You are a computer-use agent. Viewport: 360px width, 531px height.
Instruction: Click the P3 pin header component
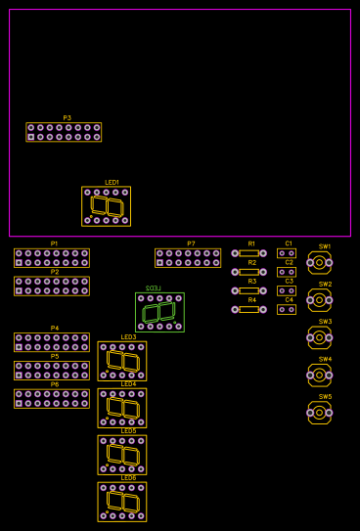click(64, 132)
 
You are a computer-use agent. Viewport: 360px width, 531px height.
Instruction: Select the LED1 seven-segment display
click(107, 206)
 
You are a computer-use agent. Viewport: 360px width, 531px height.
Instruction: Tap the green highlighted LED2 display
click(159, 312)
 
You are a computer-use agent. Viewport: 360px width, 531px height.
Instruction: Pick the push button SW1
click(319, 262)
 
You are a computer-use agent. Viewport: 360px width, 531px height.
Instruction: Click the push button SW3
click(319, 337)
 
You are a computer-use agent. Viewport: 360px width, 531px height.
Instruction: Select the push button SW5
click(319, 413)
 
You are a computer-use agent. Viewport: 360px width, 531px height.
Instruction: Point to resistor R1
click(248, 253)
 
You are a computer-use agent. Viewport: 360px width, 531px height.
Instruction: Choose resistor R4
click(248, 309)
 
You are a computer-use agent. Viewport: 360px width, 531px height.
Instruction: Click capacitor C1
click(287, 253)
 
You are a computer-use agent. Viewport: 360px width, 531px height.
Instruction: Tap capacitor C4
click(287, 309)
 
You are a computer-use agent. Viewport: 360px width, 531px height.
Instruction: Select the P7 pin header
click(188, 257)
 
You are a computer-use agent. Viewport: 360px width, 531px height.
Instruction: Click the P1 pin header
click(52, 257)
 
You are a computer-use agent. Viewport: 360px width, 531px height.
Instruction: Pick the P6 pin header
click(52, 398)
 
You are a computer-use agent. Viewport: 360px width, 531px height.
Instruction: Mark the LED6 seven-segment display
click(122, 502)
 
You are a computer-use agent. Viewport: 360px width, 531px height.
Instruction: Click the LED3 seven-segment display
click(122, 361)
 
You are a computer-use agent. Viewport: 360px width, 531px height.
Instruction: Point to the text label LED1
click(112, 183)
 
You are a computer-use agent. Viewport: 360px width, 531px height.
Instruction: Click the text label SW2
click(325, 285)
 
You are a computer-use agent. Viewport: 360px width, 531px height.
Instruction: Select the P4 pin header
click(52, 342)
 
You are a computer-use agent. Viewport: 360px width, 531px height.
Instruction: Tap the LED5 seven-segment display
click(122, 455)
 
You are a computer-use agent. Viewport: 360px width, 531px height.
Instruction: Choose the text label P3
click(67, 118)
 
